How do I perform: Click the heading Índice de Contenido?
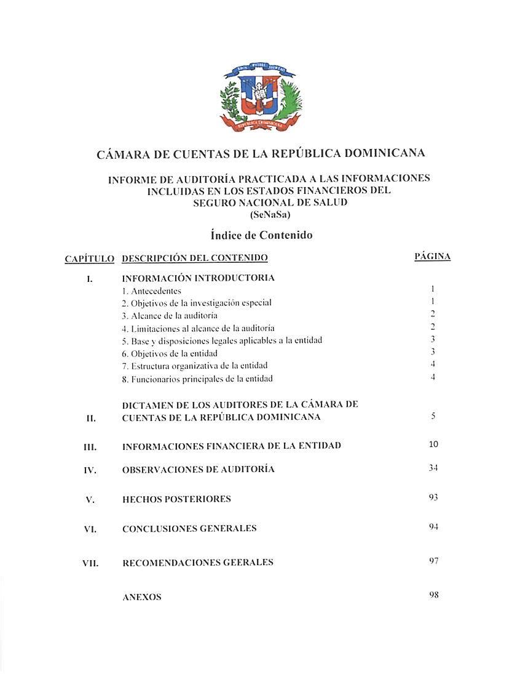pyautogui.click(x=261, y=235)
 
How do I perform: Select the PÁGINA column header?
pyautogui.click(x=433, y=257)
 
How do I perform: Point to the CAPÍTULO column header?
pyautogui.click(x=90, y=259)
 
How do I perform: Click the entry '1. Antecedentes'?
pyautogui.click(x=152, y=291)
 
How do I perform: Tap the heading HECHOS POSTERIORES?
pyautogui.click(x=176, y=499)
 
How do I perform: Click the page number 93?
pyautogui.click(x=433, y=497)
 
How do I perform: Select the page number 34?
pyautogui.click(x=433, y=468)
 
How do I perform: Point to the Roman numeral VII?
pyautogui.click(x=91, y=563)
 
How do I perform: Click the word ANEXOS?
pyautogui.click(x=142, y=597)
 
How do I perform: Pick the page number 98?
pyautogui.click(x=433, y=595)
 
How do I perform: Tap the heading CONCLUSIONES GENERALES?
pyautogui.click(x=189, y=528)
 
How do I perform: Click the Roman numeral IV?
pyautogui.click(x=90, y=470)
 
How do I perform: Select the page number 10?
pyautogui.click(x=433, y=444)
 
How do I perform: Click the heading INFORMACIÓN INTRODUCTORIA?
pyautogui.click(x=198, y=278)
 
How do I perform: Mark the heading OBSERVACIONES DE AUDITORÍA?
pyautogui.click(x=198, y=470)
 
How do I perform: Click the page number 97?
pyautogui.click(x=433, y=561)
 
